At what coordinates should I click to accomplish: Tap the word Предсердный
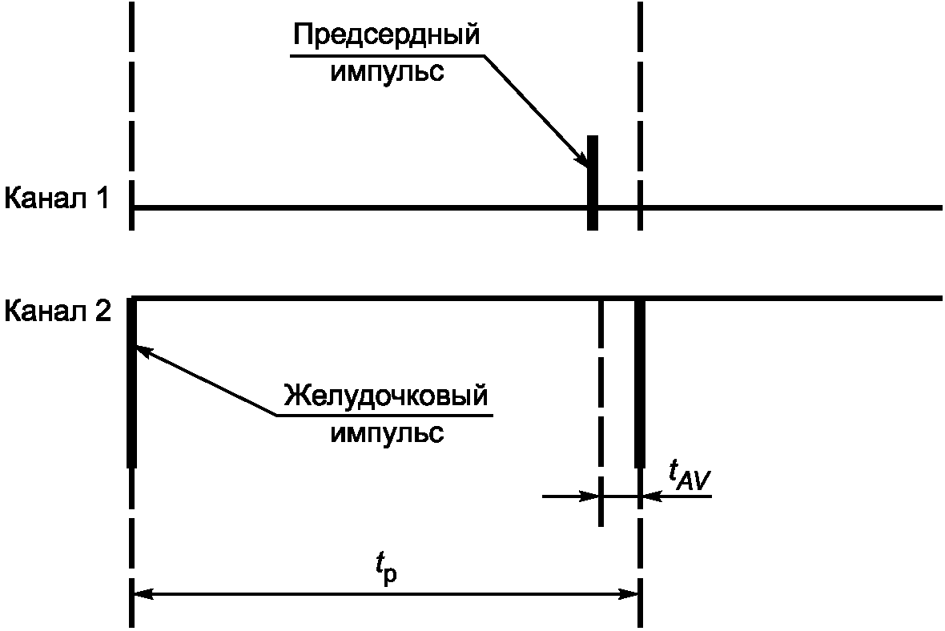(387, 36)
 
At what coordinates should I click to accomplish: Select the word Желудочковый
(385, 397)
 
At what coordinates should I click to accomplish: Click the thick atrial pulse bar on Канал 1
(593, 183)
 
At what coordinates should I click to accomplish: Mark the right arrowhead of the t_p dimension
(629, 594)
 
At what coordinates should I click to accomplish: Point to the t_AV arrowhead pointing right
(593, 496)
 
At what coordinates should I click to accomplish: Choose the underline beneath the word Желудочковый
(384, 416)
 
